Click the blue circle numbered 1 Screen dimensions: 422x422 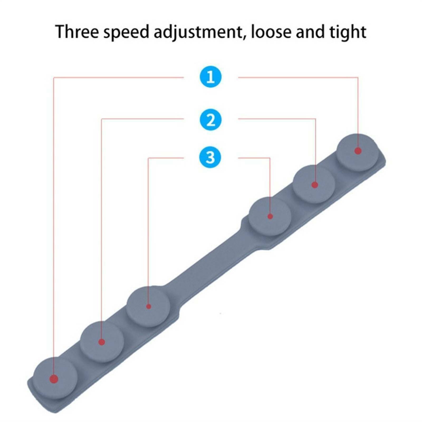pos(210,77)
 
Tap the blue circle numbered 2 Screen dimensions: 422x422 pos(210,120)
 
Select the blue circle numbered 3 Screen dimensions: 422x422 pos(210,157)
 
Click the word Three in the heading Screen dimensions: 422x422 pos(77,32)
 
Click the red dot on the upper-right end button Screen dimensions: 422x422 pos(358,151)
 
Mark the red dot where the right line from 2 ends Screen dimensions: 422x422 pos(315,185)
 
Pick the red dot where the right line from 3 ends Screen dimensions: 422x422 pos(270,216)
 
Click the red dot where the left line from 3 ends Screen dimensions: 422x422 pos(148,306)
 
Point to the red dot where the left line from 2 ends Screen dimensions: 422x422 pos(102,342)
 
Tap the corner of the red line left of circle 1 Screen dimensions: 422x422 pos(54,78)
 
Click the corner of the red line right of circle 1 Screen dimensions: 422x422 pos(358,78)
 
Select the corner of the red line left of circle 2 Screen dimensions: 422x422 pos(102,119)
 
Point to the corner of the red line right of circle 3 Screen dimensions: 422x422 pos(270,158)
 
